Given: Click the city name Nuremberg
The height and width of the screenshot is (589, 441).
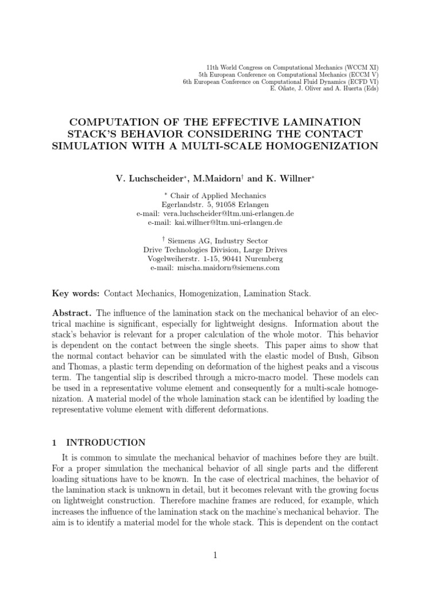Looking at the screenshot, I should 263,259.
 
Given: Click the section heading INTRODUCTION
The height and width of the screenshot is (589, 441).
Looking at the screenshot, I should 106,442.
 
